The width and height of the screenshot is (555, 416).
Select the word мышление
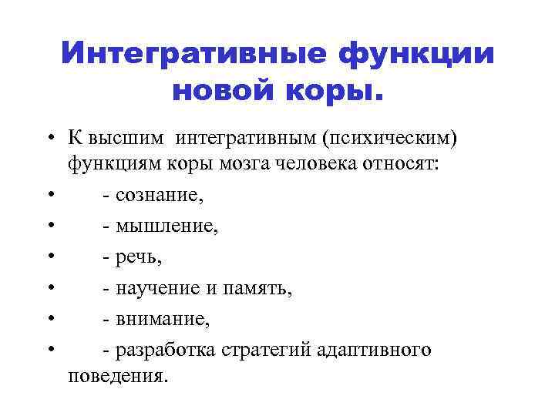click(x=164, y=226)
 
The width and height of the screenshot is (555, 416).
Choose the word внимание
click(x=162, y=318)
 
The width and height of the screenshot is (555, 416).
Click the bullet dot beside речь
click(x=49, y=257)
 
